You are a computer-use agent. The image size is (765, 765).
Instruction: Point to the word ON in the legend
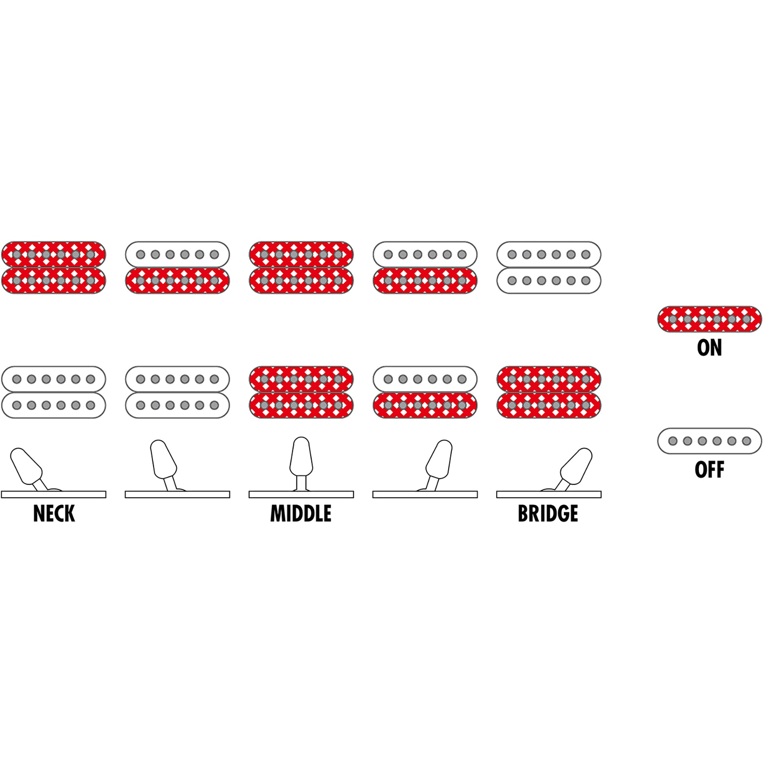(709, 348)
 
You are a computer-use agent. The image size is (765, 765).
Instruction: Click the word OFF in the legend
(709, 470)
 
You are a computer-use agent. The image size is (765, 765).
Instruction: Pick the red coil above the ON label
(709, 319)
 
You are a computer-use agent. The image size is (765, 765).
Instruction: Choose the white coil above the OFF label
(709, 441)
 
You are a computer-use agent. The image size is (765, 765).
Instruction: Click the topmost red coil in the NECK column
(54, 255)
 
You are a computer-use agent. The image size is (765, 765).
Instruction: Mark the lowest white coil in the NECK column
(54, 405)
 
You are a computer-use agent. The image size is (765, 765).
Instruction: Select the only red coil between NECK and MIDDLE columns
(177, 281)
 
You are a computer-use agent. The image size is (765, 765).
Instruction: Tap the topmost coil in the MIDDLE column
(301, 255)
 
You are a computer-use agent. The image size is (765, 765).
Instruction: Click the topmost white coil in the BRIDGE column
(549, 255)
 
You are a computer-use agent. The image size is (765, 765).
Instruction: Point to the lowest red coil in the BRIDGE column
(549, 405)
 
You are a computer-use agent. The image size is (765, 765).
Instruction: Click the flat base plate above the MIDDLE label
(301, 494)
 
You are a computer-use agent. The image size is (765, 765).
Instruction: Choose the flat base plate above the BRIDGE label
(549, 494)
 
